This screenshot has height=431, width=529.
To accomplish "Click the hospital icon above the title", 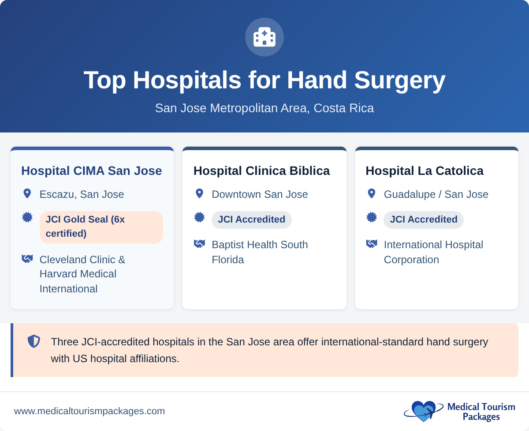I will coord(264,37).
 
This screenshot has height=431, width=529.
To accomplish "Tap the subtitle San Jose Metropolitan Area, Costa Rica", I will coord(264,108).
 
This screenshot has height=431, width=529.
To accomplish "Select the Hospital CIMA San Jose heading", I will coord(92,170).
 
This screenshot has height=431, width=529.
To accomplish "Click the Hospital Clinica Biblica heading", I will coord(261,170).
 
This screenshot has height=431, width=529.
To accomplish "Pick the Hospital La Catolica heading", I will coord(425,170).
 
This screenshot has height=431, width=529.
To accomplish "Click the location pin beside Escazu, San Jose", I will coord(27,194).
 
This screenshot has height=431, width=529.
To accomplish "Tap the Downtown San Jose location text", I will coord(260,194).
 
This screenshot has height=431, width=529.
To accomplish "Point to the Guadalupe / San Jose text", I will coord(436,194).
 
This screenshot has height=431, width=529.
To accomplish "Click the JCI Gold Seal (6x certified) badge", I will coord(101,227).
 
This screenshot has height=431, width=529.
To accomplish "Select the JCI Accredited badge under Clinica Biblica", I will coord(251,219).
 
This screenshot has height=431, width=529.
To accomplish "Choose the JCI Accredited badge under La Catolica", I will coord(423,219).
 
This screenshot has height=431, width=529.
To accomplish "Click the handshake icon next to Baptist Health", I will coord(199,244).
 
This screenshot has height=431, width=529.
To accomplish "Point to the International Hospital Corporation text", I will coord(433,252).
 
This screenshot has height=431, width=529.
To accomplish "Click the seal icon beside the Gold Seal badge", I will coord(27,217).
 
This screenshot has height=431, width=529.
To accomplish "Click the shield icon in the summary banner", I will coord(34,341).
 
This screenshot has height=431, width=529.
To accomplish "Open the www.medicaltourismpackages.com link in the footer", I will coord(89,411).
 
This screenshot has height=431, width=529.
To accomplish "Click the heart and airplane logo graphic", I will coord(423,411).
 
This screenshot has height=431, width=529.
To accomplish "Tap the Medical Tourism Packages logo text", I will coord(481,412).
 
